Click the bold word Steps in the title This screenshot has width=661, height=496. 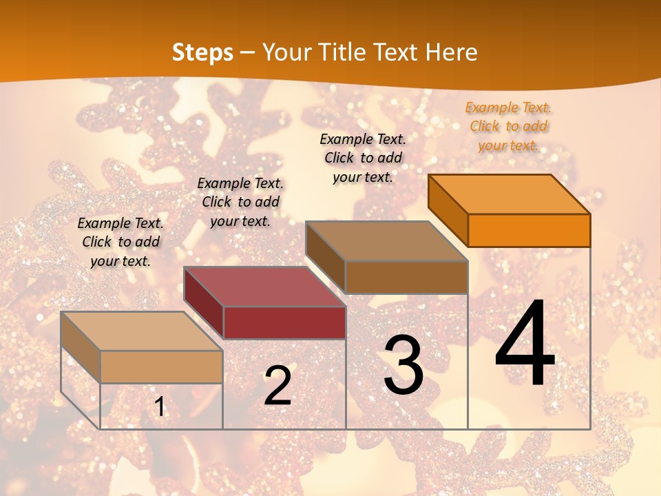(202, 52)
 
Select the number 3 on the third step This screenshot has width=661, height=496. (403, 365)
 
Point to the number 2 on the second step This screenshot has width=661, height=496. (277, 386)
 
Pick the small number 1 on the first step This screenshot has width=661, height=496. (160, 407)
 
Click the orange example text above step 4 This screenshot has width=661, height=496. (508, 126)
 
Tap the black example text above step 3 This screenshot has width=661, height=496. (363, 158)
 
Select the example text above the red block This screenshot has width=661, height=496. (240, 202)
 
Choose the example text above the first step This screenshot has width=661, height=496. (120, 242)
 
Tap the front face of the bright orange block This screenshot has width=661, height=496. (529, 230)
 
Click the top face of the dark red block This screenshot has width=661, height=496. (264, 287)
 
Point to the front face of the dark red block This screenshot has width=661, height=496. (284, 322)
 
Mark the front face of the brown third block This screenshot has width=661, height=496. (406, 277)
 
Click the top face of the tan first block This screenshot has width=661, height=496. (142, 331)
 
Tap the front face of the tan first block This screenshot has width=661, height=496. (161, 366)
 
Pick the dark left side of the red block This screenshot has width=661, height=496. (204, 303)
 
